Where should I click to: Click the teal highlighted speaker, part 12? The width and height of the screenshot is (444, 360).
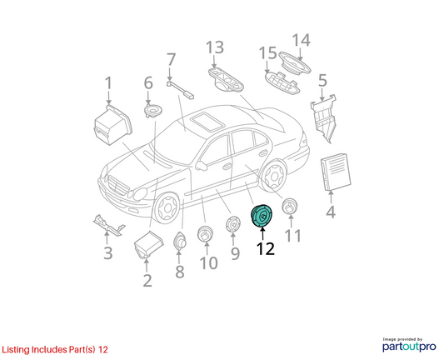pos(262,216)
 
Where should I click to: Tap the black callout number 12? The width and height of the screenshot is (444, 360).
pos(266,248)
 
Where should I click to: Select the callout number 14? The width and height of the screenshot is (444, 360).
pos(301,40)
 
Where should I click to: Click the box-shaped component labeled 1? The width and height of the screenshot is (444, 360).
pos(112,125)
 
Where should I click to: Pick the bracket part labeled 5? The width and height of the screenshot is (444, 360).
pos(324,118)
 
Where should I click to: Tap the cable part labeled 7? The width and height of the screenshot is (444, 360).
pos(181,89)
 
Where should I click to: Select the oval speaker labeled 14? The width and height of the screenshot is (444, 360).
pos(295,62)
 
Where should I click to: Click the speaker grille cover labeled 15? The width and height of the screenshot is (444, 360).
pos(282,82)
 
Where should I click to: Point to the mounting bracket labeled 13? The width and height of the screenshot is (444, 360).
pos(226,80)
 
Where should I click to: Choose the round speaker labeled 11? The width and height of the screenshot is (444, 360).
pos(290,206)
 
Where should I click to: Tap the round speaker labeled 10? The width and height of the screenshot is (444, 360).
pos(205,234)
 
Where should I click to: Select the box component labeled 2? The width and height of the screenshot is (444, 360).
pos(149,244)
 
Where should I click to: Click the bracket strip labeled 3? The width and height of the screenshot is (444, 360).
pos(109,225)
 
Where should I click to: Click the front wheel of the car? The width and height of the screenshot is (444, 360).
pos(167,208)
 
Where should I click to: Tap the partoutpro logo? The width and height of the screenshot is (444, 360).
pos(410,345)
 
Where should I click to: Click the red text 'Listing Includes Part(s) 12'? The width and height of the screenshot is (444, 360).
pos(55,349)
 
